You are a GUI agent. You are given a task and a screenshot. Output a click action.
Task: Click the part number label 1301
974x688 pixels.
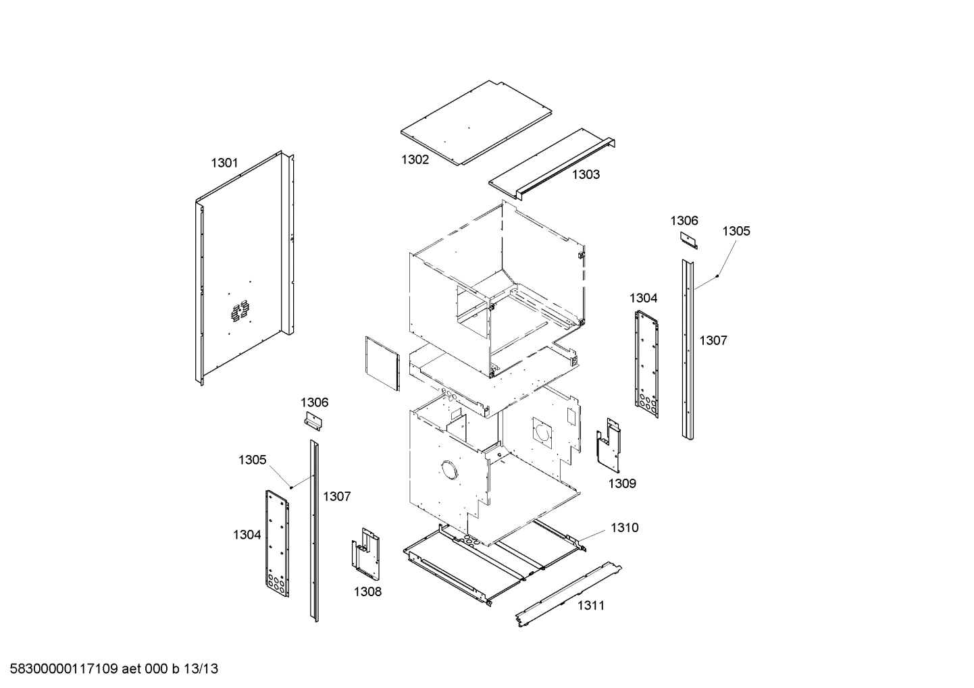[x=224, y=162]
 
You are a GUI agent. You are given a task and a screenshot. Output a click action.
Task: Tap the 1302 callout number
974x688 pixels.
[x=415, y=159]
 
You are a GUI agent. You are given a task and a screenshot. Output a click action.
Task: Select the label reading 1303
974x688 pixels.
[x=586, y=174]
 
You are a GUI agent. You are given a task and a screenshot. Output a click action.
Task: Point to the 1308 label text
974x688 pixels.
[x=367, y=591]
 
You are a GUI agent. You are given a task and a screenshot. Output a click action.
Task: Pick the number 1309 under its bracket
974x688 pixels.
[x=622, y=483]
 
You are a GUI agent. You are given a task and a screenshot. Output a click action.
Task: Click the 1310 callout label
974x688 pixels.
[x=624, y=527]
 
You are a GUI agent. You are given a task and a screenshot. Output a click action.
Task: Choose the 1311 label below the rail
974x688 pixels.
[x=590, y=605]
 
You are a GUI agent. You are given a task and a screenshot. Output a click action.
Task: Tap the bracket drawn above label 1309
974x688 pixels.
[x=609, y=446]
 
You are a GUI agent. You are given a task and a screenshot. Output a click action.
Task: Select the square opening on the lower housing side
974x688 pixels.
[x=542, y=433]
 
